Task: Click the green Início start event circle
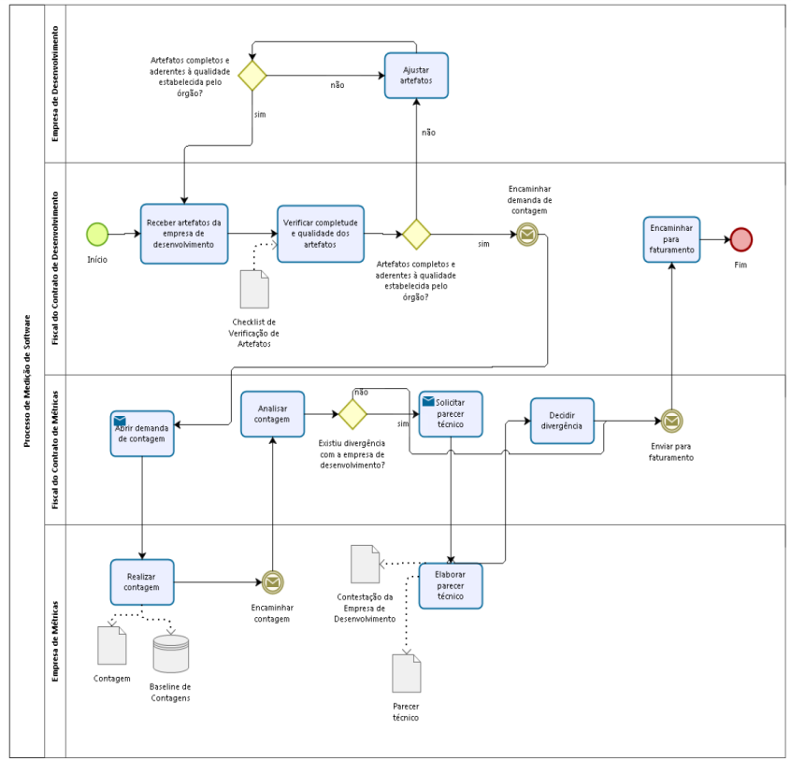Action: pos(97,234)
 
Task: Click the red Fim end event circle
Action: pos(741,239)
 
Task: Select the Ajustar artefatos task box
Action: pos(416,76)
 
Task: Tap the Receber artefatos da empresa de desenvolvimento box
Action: pos(184,234)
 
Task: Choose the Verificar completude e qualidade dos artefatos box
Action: pos(321,234)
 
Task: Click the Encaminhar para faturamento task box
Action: pos(671,239)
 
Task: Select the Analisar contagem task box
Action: pos(272,414)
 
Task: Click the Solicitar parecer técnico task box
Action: pos(451,414)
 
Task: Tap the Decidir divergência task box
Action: pos(563,421)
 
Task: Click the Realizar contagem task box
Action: pos(142,582)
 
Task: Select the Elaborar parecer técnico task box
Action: pos(451,586)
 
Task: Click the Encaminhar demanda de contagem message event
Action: pos(527,234)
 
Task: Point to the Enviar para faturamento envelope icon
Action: pos(671,421)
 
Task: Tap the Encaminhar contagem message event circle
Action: pos(272,582)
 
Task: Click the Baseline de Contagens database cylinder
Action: pos(170,654)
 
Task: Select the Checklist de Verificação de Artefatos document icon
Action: pos(254,289)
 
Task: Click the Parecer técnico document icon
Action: pos(406,673)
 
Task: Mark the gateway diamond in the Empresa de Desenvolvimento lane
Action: pos(252,76)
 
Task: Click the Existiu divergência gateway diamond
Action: pos(352,414)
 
